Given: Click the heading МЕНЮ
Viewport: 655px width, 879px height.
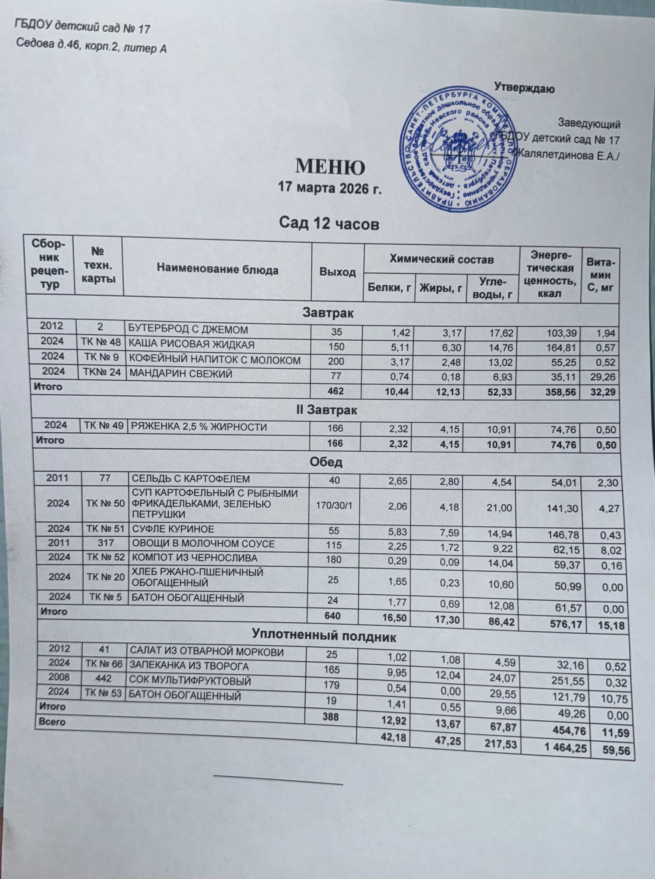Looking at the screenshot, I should [330, 167].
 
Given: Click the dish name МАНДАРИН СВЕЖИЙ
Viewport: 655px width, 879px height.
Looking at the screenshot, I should [181, 374].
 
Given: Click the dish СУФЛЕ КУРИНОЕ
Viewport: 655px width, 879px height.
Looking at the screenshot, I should [173, 529].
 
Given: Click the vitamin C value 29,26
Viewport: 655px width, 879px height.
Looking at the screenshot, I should [602, 377].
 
